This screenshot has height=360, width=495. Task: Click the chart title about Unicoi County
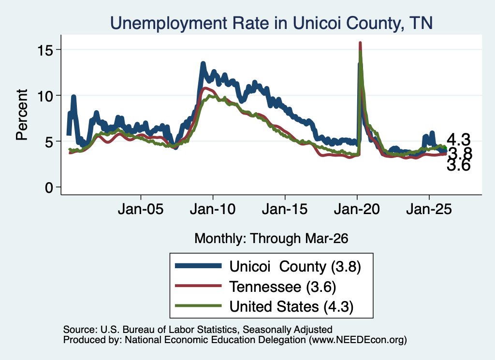[x=271, y=23]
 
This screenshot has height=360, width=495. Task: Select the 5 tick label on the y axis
[x=49, y=142]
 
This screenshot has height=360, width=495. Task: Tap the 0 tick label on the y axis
[x=49, y=187]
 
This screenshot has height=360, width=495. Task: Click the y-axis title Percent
[x=22, y=115]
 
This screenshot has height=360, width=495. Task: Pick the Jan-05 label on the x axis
[x=141, y=209]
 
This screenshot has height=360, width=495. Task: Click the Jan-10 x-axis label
[x=213, y=209]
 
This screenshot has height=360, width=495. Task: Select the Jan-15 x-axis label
[x=285, y=209]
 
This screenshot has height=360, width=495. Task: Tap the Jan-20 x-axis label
[x=357, y=209]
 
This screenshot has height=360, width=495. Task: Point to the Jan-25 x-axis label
[x=429, y=209]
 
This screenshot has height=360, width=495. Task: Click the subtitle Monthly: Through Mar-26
[x=271, y=239]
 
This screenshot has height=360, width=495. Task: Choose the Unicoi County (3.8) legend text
[x=295, y=267]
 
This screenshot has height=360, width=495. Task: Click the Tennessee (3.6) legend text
[x=283, y=287]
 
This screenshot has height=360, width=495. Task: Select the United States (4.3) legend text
[x=291, y=307]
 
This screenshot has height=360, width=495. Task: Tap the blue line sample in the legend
[x=198, y=266]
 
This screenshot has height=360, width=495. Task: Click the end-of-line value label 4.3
[x=458, y=140]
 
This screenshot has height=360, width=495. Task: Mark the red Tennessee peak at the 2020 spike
[x=360, y=43]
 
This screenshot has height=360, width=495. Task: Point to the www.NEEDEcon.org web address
[x=358, y=340]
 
